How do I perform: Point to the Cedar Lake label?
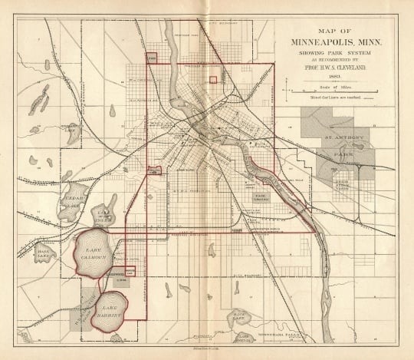(x=74, y=201)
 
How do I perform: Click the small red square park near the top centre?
(x=212, y=78)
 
